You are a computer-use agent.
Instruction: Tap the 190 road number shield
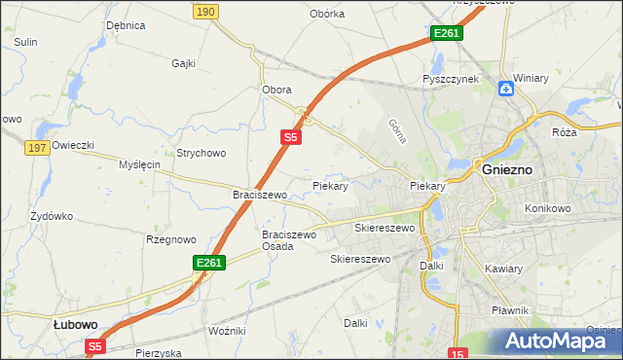click(204, 11)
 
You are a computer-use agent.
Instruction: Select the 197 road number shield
click(38, 147)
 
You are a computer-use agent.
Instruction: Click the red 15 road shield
click(459, 353)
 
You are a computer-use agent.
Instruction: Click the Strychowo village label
click(201, 153)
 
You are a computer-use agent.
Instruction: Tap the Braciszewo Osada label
click(289, 240)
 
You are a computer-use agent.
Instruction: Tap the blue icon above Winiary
click(506, 90)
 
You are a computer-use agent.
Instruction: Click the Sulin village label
click(25, 42)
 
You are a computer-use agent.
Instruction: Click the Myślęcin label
click(138, 164)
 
